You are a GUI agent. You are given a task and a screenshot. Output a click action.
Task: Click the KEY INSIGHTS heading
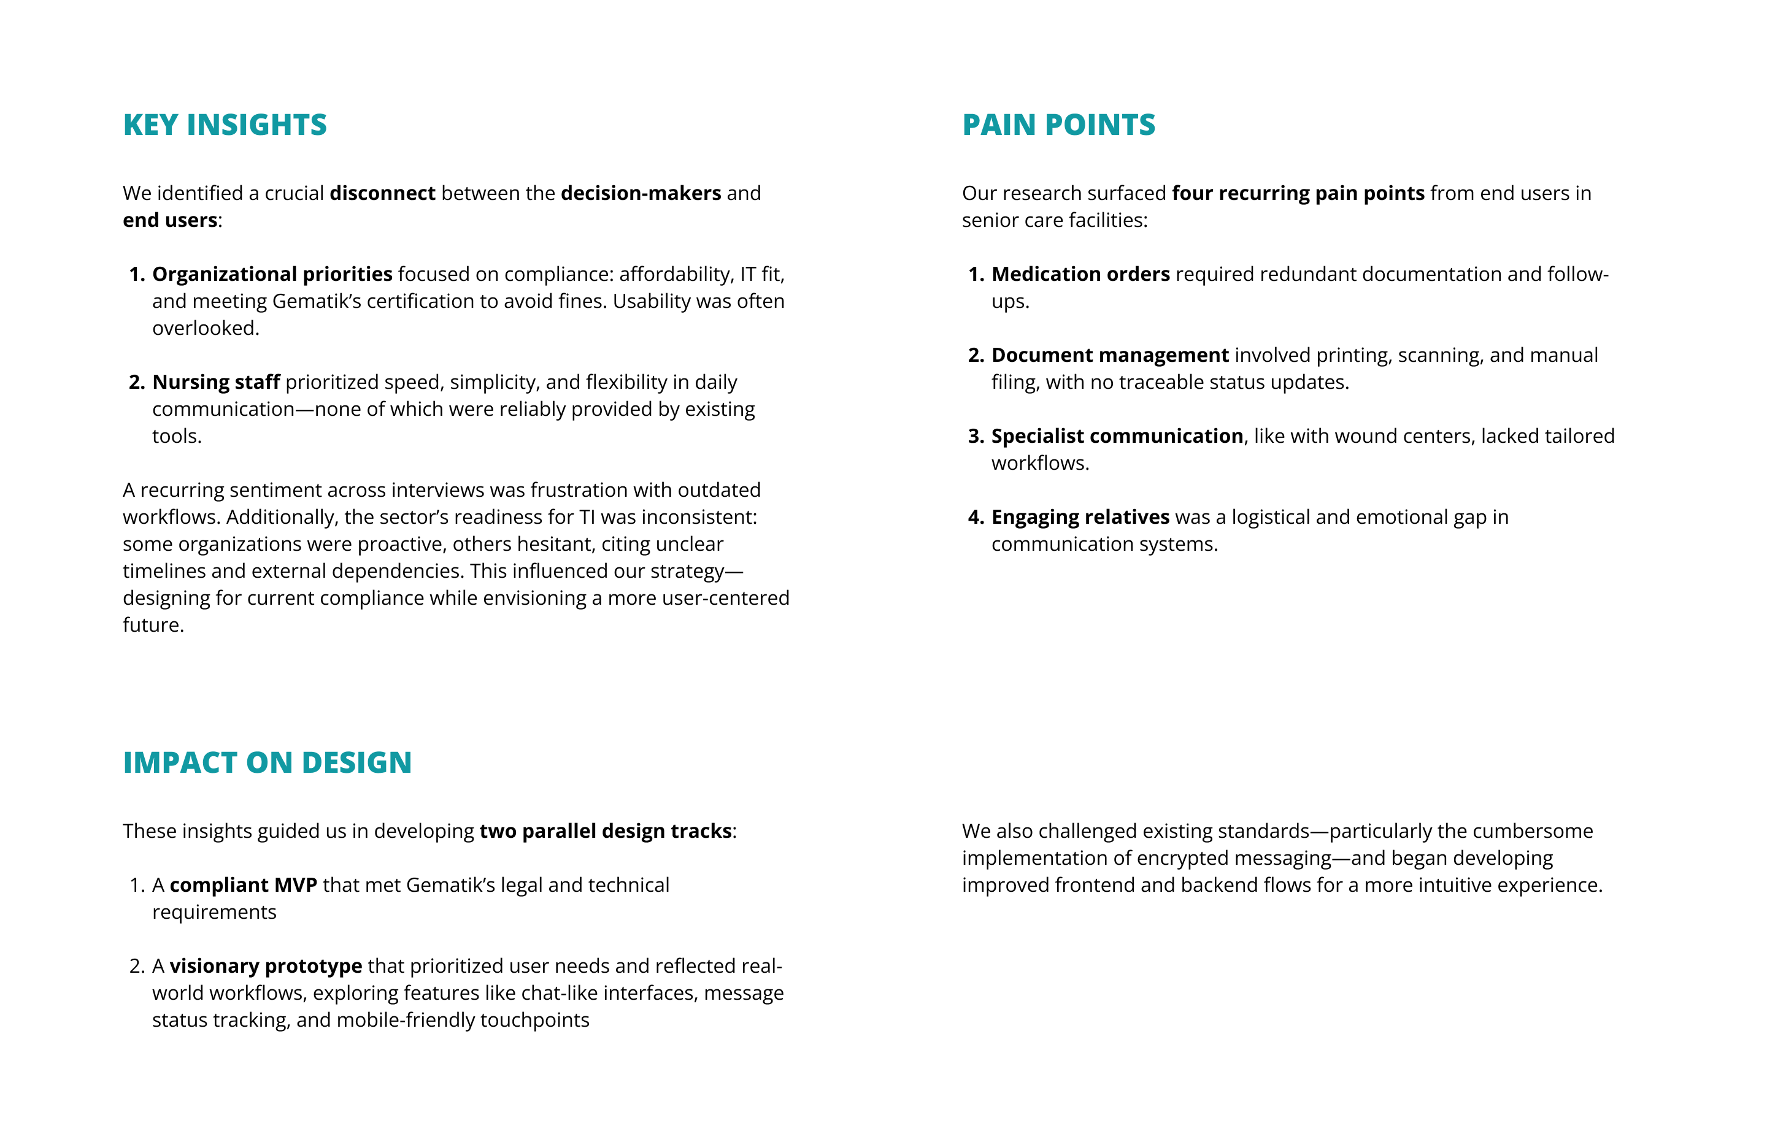(x=225, y=125)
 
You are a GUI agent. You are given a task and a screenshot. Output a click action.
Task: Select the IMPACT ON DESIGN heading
(x=267, y=762)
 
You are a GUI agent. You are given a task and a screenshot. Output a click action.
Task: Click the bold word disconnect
(x=382, y=193)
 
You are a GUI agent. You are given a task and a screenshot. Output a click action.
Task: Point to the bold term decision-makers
(x=641, y=193)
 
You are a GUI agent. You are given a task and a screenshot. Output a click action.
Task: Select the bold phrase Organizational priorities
(x=272, y=274)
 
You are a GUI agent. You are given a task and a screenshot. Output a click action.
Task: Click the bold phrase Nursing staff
(x=216, y=382)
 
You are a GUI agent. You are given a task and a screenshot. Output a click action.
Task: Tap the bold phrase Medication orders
(x=1080, y=274)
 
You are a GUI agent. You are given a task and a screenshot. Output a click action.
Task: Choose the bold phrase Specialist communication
(x=1117, y=436)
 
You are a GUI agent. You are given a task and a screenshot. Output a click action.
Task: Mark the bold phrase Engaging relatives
(x=1080, y=517)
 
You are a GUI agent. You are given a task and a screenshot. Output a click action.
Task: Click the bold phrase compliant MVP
(x=243, y=885)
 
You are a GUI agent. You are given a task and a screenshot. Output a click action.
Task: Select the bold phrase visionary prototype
(x=265, y=966)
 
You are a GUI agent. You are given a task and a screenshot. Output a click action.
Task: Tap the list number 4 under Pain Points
(x=976, y=517)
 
